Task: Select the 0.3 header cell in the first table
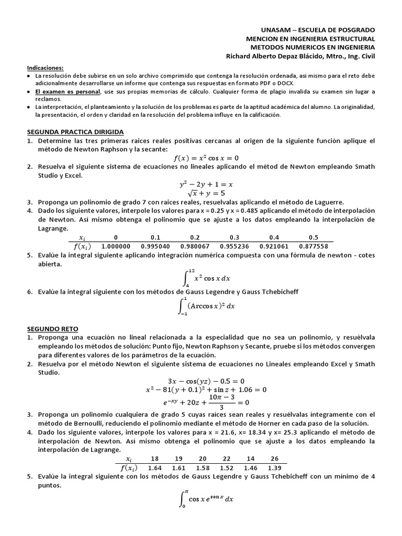(x=235, y=237)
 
